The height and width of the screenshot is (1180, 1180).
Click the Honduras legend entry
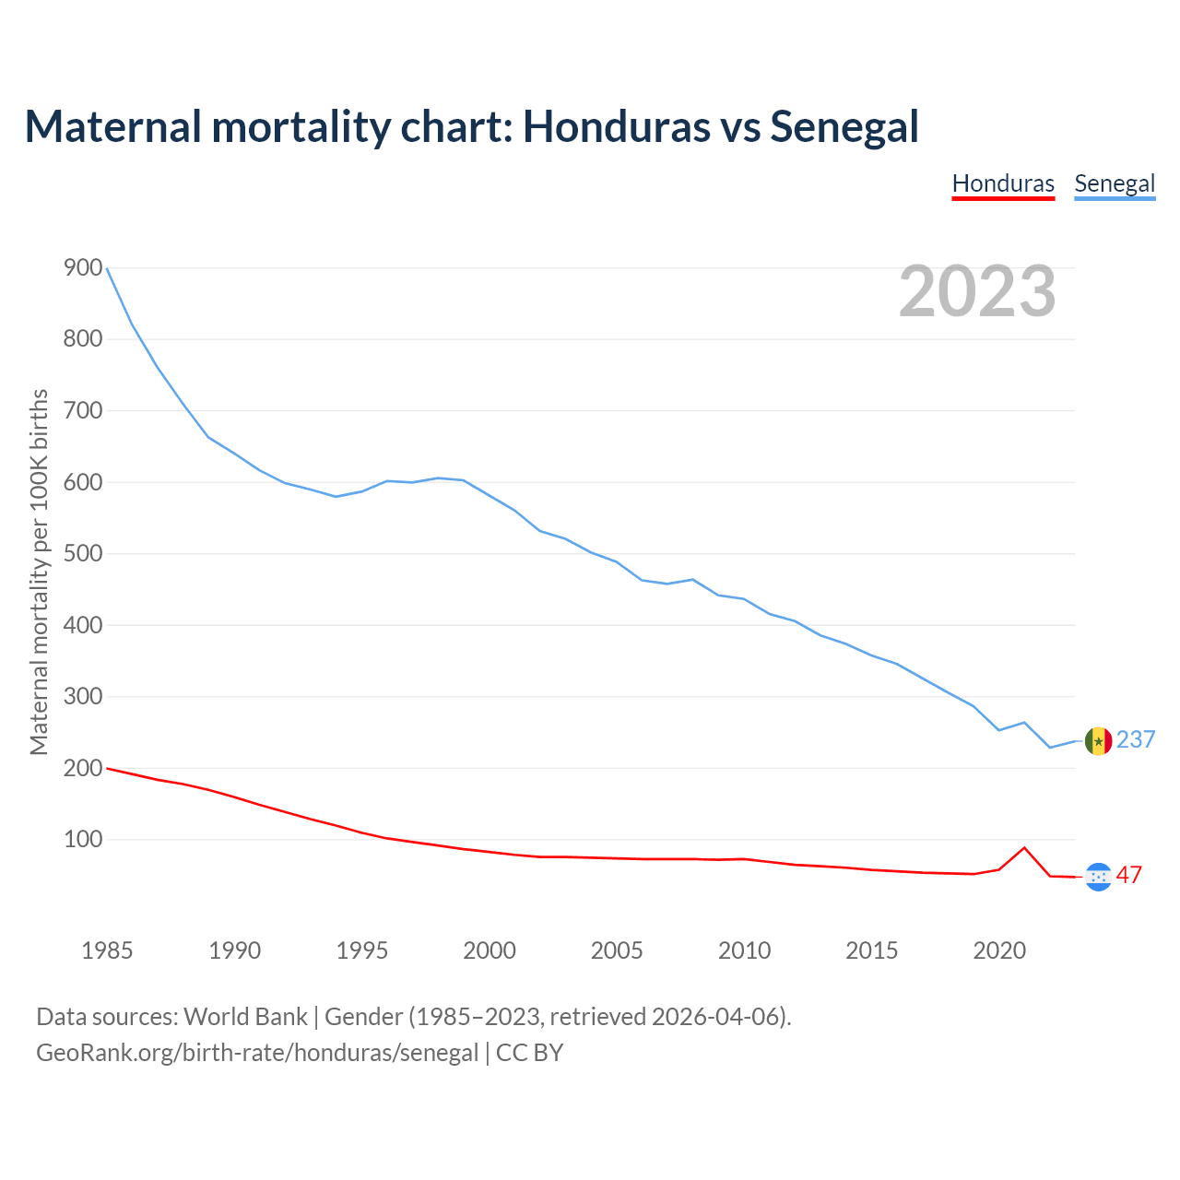(1003, 183)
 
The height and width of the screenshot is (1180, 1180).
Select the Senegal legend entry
(1115, 183)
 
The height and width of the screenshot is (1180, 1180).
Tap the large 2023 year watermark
(977, 290)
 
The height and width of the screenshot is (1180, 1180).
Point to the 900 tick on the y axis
(83, 268)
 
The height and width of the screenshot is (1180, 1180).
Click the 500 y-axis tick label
(83, 554)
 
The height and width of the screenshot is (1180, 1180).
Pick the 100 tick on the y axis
(83, 840)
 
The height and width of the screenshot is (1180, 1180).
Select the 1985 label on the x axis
(107, 950)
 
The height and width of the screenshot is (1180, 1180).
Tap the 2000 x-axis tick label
(490, 950)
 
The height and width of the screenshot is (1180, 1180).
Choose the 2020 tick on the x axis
(999, 950)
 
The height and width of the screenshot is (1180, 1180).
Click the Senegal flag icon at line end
(1098, 741)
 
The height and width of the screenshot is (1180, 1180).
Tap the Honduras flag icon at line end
(1098, 877)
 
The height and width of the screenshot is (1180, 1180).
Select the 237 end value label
(1136, 739)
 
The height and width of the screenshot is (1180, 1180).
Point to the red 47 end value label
(1129, 875)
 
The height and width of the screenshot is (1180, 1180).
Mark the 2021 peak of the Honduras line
(1024, 848)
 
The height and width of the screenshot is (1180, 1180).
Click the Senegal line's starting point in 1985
(108, 268)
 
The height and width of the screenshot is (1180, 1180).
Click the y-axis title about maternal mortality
(39, 572)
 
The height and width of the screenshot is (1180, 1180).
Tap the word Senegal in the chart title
(844, 126)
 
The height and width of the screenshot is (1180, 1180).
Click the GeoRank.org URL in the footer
(257, 1053)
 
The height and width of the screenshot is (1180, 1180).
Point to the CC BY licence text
(529, 1053)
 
